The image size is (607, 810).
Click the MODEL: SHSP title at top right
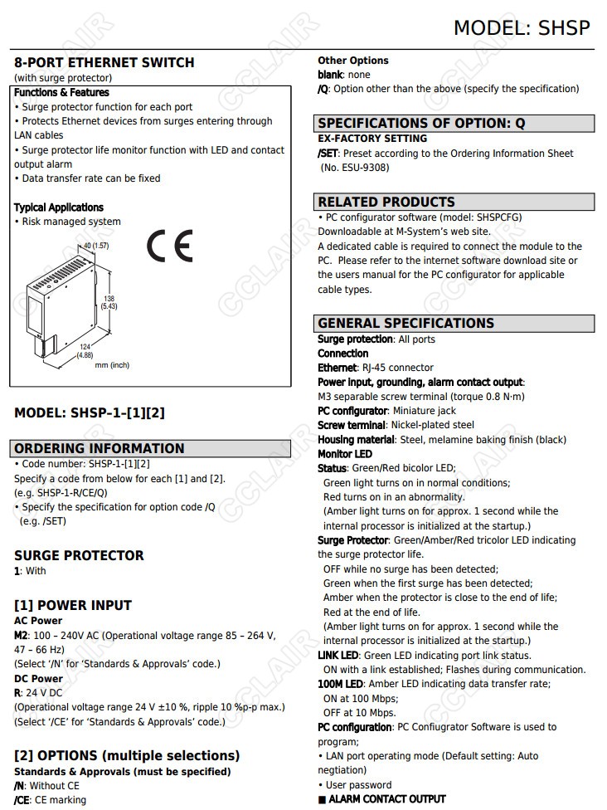[522, 27]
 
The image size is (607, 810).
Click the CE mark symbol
[169, 246]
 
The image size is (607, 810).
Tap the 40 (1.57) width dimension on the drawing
[96, 246]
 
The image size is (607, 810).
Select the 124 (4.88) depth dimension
[85, 350]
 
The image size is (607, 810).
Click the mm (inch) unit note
[112, 365]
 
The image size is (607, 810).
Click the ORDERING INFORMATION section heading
[100, 448]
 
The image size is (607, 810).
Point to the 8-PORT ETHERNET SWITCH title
[104, 62]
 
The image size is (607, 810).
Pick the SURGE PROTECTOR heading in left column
[79, 555]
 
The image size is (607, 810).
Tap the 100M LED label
[340, 684]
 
